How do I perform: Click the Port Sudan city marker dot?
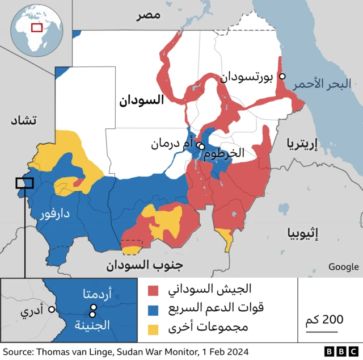point(282,77)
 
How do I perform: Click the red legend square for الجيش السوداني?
point(153,291)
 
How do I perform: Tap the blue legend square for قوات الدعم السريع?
point(153,309)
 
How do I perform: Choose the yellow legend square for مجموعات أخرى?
point(153,328)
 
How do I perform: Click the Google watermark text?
point(343,267)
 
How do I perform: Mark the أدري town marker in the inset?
point(51,309)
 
